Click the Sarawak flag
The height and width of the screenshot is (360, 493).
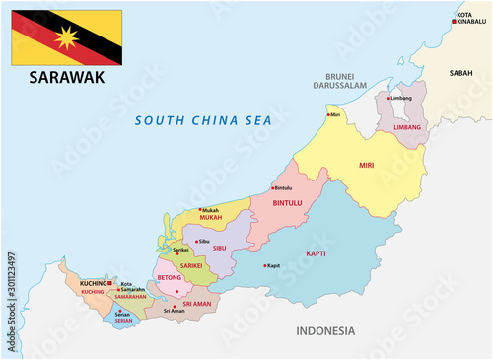coord(67,37)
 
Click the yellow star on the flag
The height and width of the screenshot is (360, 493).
coord(67,37)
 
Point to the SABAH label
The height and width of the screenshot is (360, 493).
coord(460,73)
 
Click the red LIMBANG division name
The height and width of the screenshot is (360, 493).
coord(406,128)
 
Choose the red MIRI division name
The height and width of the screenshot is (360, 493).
coord(366,165)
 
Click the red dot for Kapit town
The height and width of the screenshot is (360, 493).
coord(265,265)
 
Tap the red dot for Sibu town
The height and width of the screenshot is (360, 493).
coord(194,241)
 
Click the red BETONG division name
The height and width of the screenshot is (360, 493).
coord(169,278)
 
